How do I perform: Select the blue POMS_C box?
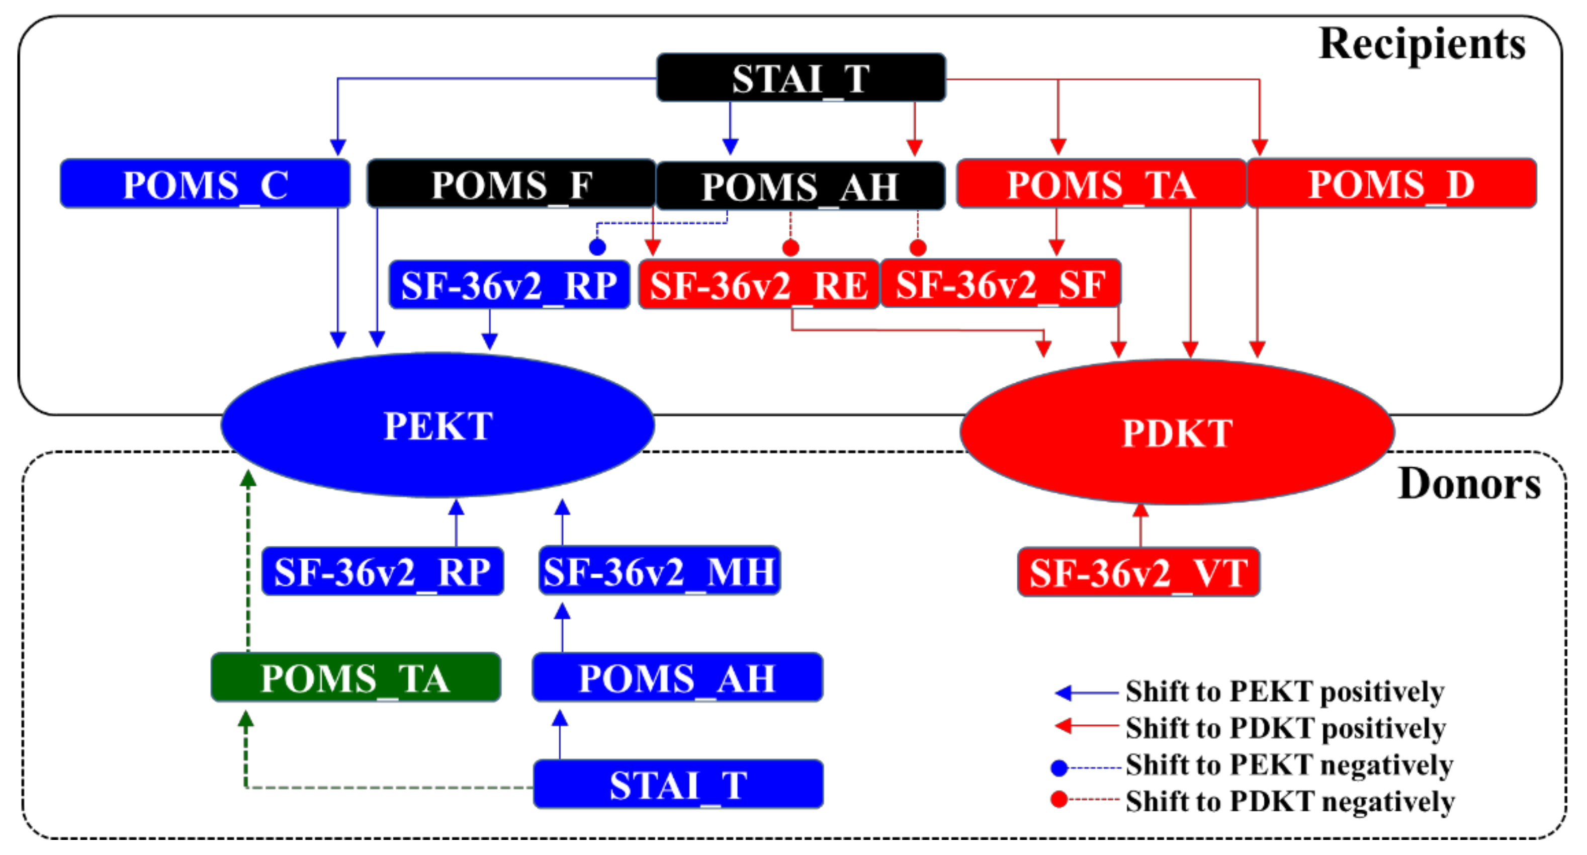[205, 184]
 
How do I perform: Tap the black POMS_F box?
[511, 184]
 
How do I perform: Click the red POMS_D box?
[1391, 184]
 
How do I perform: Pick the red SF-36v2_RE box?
[758, 285]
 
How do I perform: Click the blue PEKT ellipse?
[437, 425]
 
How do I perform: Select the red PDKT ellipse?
[1177, 433]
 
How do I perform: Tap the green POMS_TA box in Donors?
[355, 677]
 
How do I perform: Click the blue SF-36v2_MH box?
[659, 571]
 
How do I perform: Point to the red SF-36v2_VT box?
[1138, 572]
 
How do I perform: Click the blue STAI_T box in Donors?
[678, 784]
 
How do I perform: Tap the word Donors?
[1469, 483]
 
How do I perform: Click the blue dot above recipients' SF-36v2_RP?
[597, 247]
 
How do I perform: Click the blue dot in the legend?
[1059, 768]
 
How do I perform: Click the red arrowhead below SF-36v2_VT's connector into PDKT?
[1140, 510]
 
